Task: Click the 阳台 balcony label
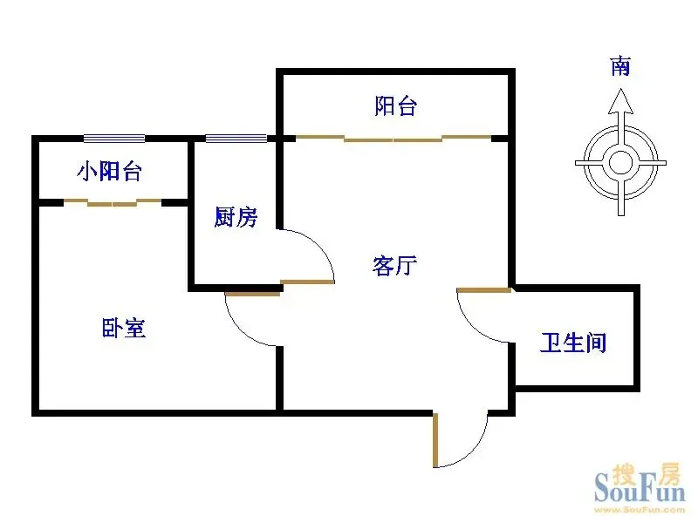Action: (x=396, y=106)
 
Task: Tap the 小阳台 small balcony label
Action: (x=110, y=171)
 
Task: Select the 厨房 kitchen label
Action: (x=236, y=217)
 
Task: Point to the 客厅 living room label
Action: (x=395, y=266)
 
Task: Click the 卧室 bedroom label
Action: (x=124, y=328)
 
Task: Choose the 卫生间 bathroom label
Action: (x=573, y=343)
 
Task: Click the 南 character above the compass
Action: (x=620, y=66)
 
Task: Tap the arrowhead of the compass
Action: (x=621, y=101)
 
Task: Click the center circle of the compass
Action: (x=621, y=163)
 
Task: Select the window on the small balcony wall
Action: (x=114, y=139)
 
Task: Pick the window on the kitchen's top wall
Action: (x=236, y=139)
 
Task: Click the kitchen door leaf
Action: (x=307, y=282)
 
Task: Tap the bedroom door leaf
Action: (x=252, y=294)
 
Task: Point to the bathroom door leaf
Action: (x=484, y=290)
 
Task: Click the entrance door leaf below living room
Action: (x=435, y=440)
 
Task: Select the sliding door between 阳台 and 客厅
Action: (x=393, y=139)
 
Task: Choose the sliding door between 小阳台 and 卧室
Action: (x=113, y=203)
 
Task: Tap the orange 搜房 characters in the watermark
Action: (x=647, y=474)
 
